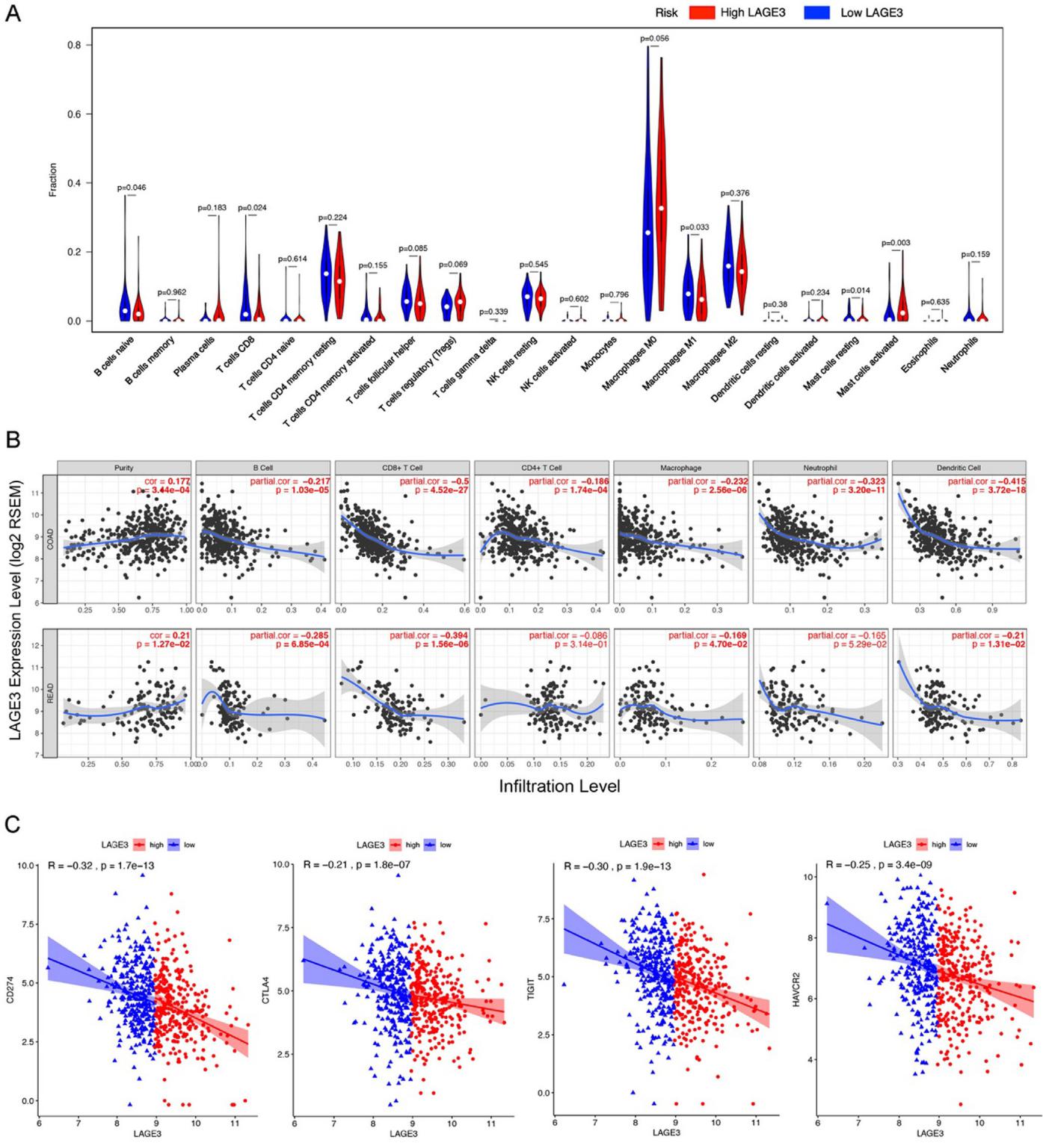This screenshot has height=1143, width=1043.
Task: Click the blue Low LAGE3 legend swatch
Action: click(x=817, y=13)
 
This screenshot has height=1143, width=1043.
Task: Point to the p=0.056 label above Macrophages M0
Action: click(x=654, y=38)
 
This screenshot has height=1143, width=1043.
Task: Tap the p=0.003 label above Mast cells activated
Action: click(x=896, y=243)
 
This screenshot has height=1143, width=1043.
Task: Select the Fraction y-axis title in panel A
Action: click(x=53, y=180)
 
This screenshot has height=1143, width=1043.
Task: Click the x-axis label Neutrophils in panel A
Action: click(x=960, y=355)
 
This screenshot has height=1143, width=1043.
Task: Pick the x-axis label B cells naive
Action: click(x=114, y=357)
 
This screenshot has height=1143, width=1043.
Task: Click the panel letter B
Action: click(x=13, y=440)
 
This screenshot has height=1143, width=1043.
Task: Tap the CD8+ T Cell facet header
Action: click(x=402, y=468)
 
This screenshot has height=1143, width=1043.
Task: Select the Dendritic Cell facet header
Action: click(x=959, y=468)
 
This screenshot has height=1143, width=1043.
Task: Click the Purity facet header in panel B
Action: click(x=124, y=468)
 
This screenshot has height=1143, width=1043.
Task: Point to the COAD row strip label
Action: click(x=50, y=538)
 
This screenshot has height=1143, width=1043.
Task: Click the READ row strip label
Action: click(x=50, y=694)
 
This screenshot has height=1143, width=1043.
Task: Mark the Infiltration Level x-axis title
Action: click(x=559, y=786)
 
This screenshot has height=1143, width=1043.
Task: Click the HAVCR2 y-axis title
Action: click(x=796, y=989)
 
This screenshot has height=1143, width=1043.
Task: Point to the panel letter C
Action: click(x=13, y=824)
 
